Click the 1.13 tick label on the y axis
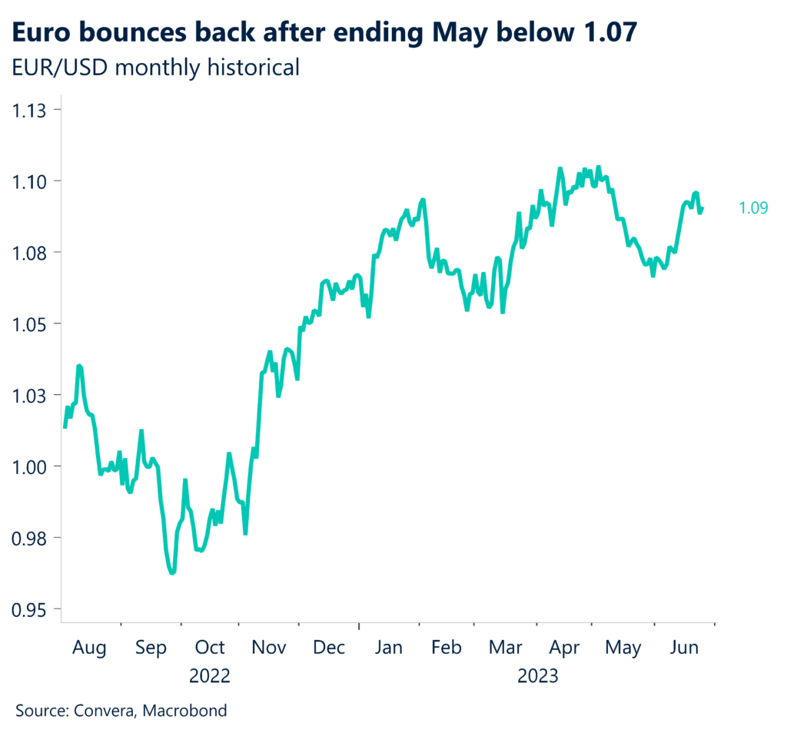(x=30, y=110)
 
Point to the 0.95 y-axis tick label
(x=30, y=609)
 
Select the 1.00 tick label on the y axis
(x=30, y=466)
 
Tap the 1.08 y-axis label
(x=30, y=253)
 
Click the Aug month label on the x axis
(x=89, y=648)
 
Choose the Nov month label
(x=269, y=648)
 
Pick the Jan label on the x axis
(x=389, y=648)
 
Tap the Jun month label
(x=684, y=648)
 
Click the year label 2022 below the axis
(x=210, y=677)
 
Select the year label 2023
(x=537, y=677)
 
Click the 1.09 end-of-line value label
(x=752, y=207)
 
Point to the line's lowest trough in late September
(x=172, y=572)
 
